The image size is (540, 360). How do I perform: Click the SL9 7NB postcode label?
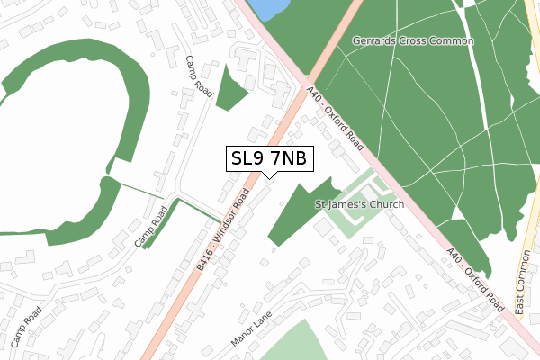pos(269,159)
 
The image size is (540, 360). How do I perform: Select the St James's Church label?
pos(360,205)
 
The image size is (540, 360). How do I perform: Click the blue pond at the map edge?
pos(267,8)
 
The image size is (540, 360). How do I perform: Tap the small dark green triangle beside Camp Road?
pos(232,87)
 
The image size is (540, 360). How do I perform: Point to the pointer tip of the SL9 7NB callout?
pos(269,177)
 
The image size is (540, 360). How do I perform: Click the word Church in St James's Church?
pos(384,205)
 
